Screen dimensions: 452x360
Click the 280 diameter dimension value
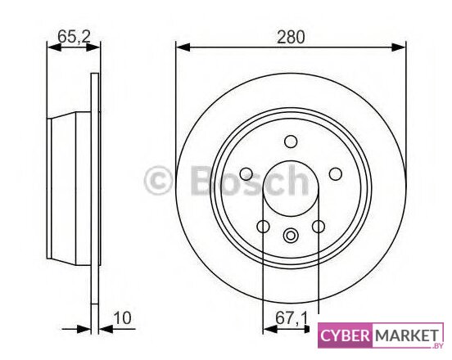(x=291, y=38)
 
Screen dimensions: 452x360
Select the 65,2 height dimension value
(x=74, y=37)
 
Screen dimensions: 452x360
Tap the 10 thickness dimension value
(x=122, y=318)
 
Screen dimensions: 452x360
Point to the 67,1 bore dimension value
(x=292, y=318)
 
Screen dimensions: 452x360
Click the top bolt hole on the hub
(x=291, y=142)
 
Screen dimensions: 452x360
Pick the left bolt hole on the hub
(x=246, y=174)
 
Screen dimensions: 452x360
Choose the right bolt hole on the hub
(x=335, y=174)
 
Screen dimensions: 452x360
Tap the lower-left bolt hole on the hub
(x=263, y=227)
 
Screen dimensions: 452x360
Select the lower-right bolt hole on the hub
(x=319, y=227)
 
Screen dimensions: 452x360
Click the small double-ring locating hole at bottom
(x=291, y=236)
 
